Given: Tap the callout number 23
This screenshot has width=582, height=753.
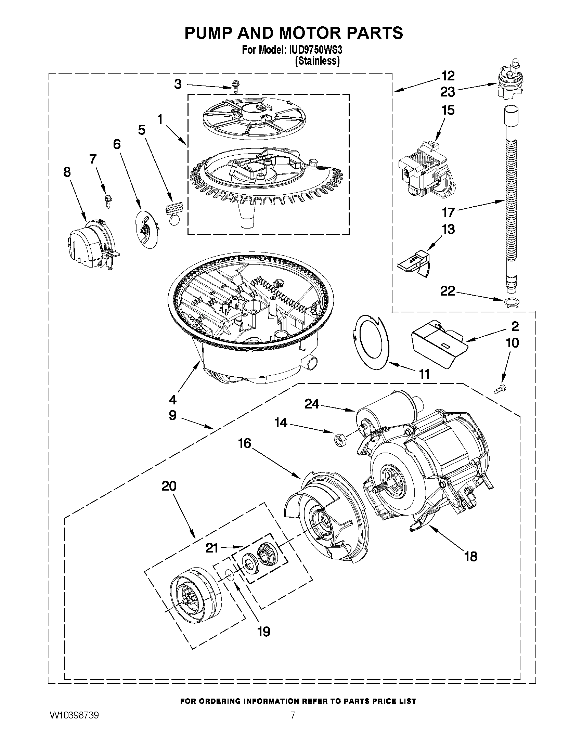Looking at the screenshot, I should coord(448,92).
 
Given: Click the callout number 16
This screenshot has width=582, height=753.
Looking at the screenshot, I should coord(244,443).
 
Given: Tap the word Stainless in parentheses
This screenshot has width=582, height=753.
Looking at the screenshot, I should coord(317,61).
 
